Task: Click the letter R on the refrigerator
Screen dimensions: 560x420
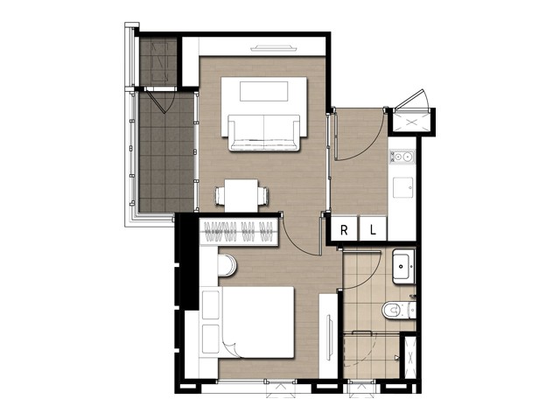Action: (344, 230)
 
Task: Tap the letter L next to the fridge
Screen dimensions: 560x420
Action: (373, 230)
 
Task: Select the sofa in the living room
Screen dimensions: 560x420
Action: (264, 133)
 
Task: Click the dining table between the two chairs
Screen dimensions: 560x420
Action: (241, 196)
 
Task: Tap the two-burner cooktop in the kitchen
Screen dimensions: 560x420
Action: (402, 157)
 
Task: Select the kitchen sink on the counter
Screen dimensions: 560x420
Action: (403, 187)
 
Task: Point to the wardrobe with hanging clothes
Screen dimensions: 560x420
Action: (239, 231)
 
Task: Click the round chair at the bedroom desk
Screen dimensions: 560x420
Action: (227, 265)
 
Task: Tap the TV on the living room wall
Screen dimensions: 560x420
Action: (274, 48)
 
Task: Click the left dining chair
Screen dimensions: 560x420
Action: (220, 196)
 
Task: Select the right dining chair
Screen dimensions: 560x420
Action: (263, 196)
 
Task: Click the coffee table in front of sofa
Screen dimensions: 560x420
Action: (264, 91)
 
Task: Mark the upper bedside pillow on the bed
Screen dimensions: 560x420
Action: (210, 304)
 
